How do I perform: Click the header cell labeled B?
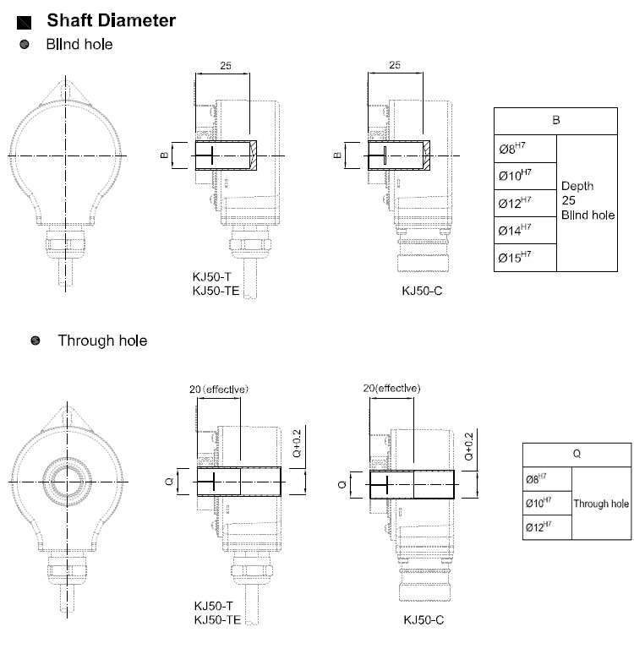556,120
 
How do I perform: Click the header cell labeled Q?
577,454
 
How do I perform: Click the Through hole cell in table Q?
601,504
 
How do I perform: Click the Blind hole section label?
79,44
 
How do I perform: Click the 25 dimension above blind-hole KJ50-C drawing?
395,64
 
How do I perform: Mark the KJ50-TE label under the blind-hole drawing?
217,291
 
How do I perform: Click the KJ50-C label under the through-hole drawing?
424,620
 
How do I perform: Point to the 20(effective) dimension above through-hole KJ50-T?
220,389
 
